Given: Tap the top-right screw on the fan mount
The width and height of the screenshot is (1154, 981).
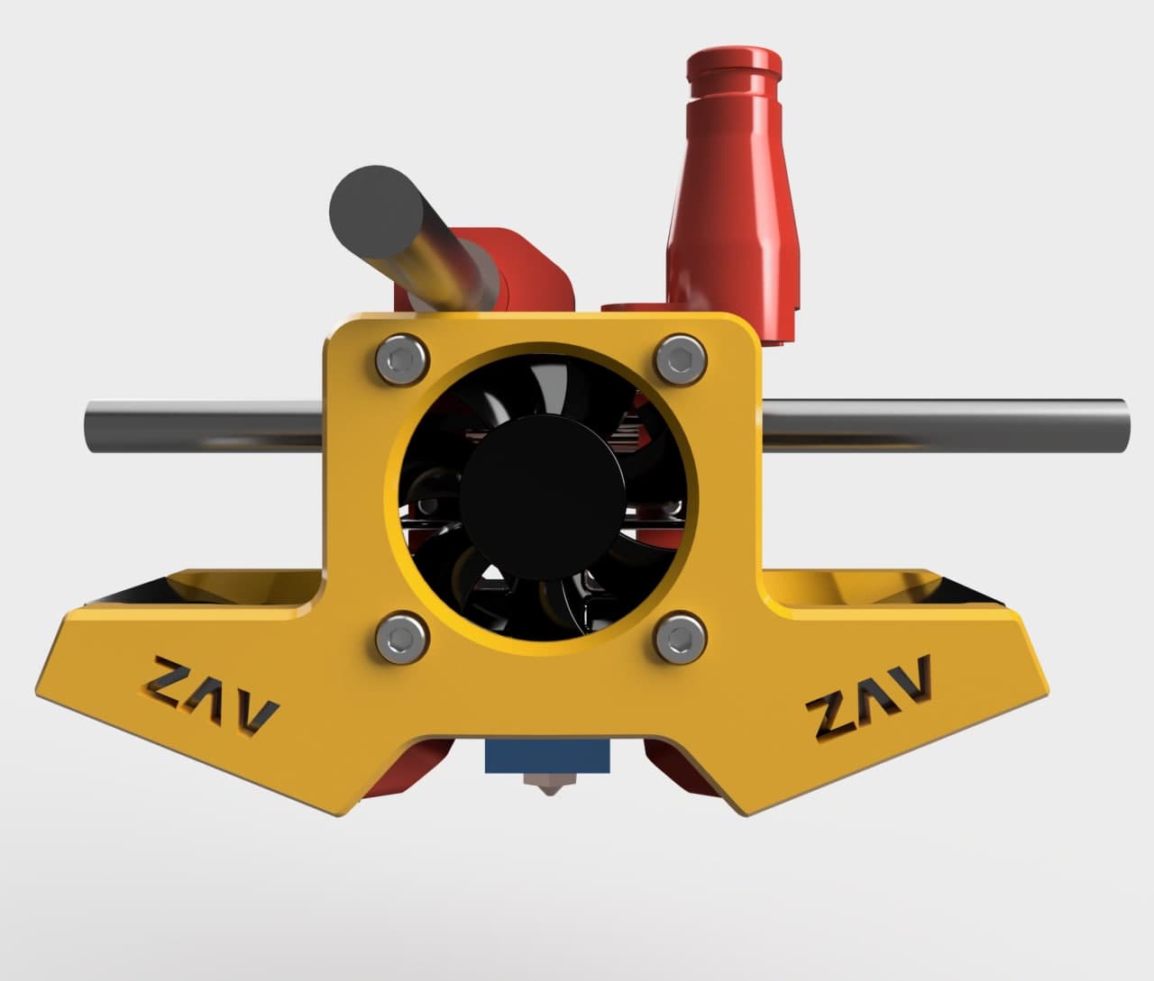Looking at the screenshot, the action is tap(681, 359).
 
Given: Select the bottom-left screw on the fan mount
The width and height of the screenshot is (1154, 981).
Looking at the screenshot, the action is tap(402, 638).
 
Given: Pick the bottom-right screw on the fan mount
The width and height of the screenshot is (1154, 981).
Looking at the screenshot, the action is tap(681, 638).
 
